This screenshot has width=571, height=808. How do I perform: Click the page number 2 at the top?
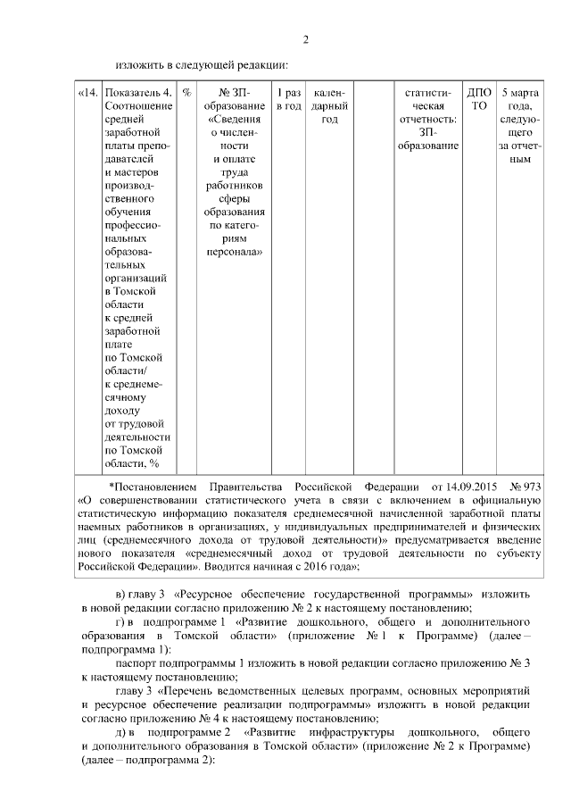305,39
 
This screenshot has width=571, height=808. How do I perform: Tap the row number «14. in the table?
89,92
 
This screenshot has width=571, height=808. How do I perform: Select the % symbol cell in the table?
187,92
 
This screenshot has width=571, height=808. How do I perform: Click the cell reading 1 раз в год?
288,98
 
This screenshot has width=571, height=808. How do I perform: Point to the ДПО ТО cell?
479,98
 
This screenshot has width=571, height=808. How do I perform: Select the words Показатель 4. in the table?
137,92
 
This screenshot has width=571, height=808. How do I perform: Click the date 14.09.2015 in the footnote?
462,487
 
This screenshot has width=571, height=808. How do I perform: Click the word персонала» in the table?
233,253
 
